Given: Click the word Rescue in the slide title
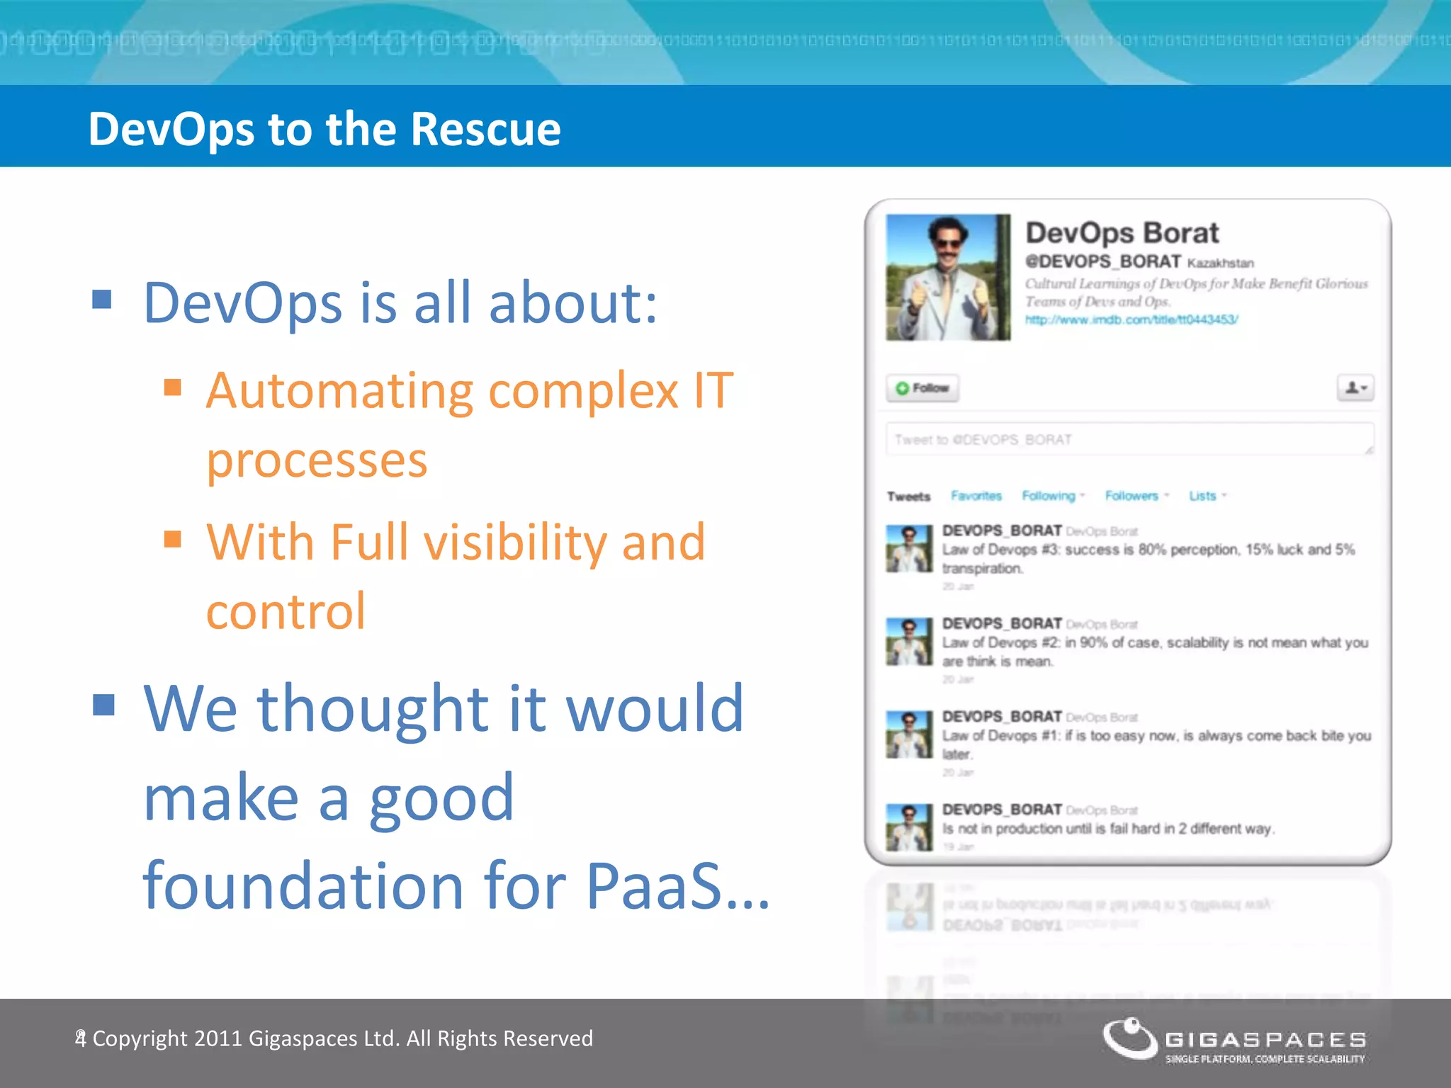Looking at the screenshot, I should tap(485, 130).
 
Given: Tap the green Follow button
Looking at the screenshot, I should tap(922, 388).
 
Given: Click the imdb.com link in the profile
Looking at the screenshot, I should tap(1131, 319).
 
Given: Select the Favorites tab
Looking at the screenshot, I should tap(976, 496).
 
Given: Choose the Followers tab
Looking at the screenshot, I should tap(1132, 496).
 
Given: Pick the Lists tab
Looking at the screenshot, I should tap(1203, 496).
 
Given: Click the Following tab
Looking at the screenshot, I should tap(1049, 496).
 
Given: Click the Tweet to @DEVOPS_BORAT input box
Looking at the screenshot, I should tap(1129, 439).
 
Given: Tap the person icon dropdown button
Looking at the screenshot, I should tap(1355, 388).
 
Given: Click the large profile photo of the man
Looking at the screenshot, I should tap(948, 278).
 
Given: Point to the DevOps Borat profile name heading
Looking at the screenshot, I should tap(1122, 233).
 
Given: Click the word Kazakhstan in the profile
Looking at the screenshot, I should tap(1220, 263).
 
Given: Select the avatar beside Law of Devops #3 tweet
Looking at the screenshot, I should tap(909, 548).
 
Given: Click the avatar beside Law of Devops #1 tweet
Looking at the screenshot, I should tap(909, 735).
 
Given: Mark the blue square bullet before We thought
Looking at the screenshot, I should tap(103, 705).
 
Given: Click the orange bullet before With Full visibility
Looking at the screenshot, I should tap(172, 539).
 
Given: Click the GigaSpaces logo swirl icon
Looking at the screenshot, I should tap(1129, 1038).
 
